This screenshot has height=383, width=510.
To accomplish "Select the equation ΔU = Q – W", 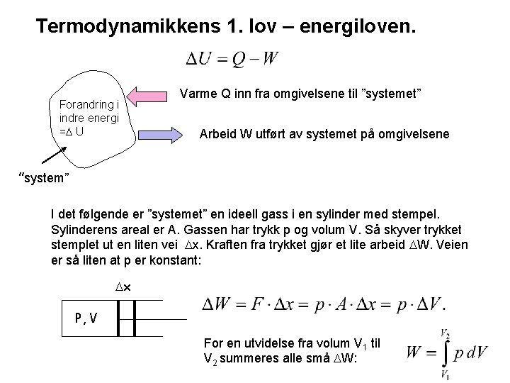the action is [232, 59].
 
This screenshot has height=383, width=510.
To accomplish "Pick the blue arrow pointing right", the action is [155, 131].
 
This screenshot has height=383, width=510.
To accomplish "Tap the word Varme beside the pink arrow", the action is [197, 94].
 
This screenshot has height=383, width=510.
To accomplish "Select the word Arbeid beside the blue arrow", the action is [220, 133].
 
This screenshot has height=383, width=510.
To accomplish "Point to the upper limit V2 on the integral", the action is [445, 332].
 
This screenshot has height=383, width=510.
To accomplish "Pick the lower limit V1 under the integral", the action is [445, 374].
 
